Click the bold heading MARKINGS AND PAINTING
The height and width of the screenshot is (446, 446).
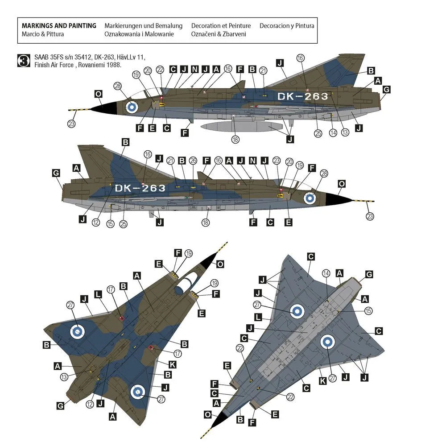[59, 26]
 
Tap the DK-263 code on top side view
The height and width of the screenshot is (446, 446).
[302, 96]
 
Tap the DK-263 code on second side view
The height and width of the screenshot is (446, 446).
[140, 188]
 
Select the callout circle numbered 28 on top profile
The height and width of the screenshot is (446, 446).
[118, 86]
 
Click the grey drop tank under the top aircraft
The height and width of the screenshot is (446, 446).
[236, 126]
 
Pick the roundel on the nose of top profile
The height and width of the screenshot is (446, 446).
[132, 107]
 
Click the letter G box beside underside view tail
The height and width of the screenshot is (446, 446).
[369, 274]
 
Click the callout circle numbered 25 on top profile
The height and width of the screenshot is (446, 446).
[318, 133]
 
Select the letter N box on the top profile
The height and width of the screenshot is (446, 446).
[194, 69]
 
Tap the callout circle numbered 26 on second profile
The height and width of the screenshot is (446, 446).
[193, 161]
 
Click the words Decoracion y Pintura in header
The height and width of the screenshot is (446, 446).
[287, 26]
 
